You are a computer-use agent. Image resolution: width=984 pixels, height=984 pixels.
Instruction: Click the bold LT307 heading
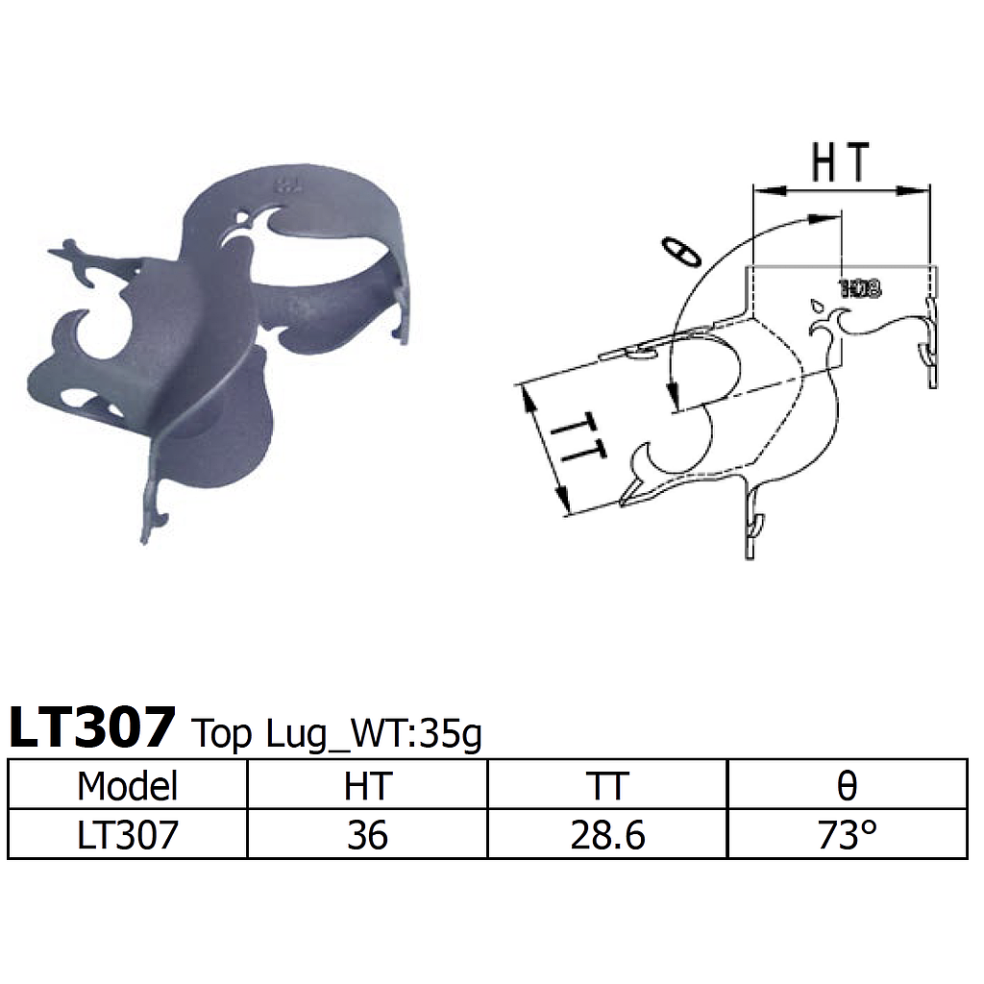92,727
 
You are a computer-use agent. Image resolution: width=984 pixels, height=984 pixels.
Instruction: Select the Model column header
128,786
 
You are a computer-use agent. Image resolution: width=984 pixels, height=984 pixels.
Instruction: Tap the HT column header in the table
368,786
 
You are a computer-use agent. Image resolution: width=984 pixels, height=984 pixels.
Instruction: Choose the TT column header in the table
607,786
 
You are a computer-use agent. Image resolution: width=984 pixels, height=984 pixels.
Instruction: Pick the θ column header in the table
847,786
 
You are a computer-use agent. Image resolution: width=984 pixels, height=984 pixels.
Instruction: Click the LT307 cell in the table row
128,834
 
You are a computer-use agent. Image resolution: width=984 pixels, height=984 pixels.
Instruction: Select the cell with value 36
368,834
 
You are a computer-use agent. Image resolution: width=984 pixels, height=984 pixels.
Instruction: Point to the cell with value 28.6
607,834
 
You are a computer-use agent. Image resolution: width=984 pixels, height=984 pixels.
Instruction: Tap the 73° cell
847,834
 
